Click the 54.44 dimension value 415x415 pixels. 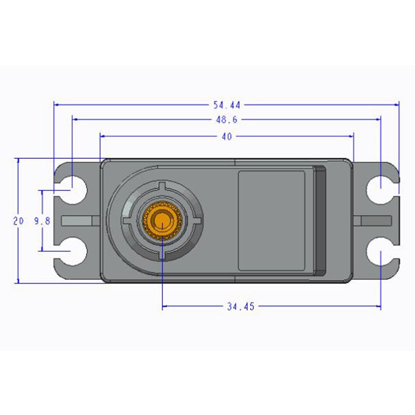[227, 104]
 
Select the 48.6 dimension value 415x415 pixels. [227, 120]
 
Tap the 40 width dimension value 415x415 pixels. [227, 136]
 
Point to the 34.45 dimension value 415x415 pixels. [240, 307]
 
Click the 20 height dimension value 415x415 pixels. [19, 221]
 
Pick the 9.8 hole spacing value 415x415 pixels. [42, 221]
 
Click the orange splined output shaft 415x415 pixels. [163, 220]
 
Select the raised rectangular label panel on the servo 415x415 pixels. [271, 220]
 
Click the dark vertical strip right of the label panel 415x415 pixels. [320, 220]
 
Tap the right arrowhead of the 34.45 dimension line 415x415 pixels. [378, 307]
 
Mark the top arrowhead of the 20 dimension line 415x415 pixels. [19, 161]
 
